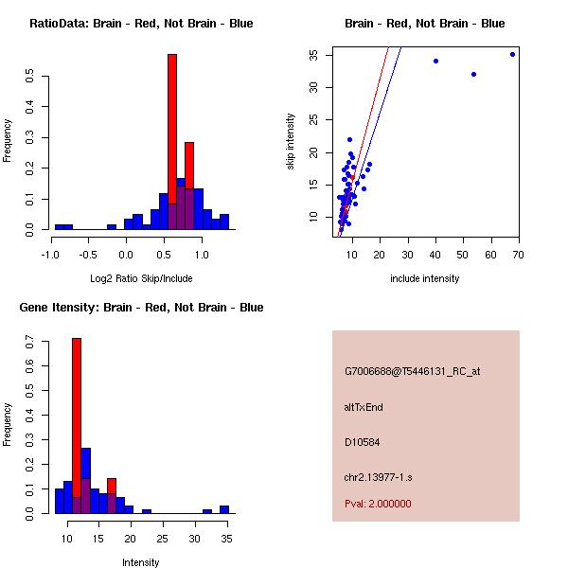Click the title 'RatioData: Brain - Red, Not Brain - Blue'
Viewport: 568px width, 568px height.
141,24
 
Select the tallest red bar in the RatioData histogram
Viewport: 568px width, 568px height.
172,142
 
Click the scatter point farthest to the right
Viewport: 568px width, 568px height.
512,54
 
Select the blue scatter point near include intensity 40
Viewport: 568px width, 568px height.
435,61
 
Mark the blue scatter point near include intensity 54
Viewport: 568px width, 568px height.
473,74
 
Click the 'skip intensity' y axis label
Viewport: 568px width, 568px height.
291,142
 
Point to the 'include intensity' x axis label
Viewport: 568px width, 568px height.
425,278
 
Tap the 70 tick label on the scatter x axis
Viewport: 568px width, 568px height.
517,254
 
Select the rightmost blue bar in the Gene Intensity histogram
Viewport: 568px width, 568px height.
224,509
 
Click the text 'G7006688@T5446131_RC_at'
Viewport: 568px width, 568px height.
413,372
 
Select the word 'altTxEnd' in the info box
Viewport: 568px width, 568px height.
364,407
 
